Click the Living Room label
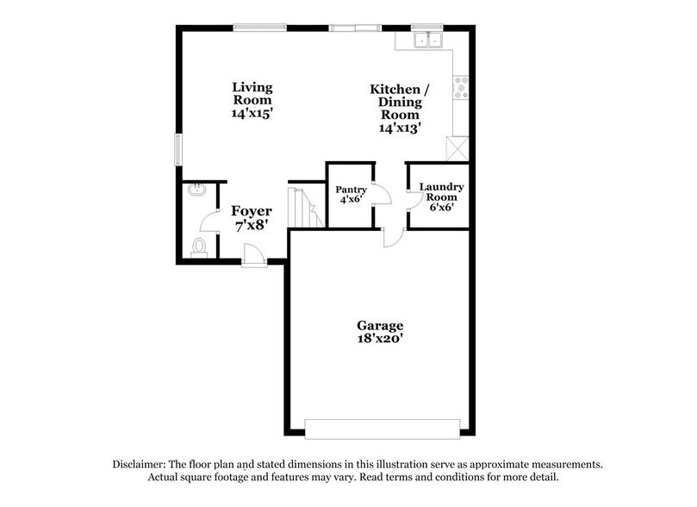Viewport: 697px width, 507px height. (x=252, y=93)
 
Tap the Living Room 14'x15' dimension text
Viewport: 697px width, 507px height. (x=252, y=112)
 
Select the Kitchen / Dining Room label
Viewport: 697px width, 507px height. (x=398, y=102)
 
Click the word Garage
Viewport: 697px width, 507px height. (x=381, y=325)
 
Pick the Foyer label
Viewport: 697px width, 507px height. (x=252, y=211)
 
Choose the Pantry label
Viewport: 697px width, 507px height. (x=351, y=190)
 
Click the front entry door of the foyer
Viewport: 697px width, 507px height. (x=254, y=254)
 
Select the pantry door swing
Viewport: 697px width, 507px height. (x=382, y=197)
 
